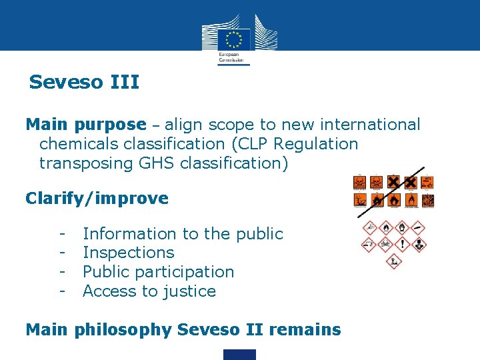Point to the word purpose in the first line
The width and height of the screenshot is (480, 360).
click(110, 125)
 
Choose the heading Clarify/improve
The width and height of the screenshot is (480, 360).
click(97, 199)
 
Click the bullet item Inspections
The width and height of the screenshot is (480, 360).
click(128, 253)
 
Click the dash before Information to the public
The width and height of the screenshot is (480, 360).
click(61, 234)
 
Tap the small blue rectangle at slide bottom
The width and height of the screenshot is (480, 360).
click(239, 354)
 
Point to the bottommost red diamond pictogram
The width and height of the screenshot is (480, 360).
click(394, 261)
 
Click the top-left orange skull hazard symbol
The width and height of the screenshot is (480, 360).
click(360, 181)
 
